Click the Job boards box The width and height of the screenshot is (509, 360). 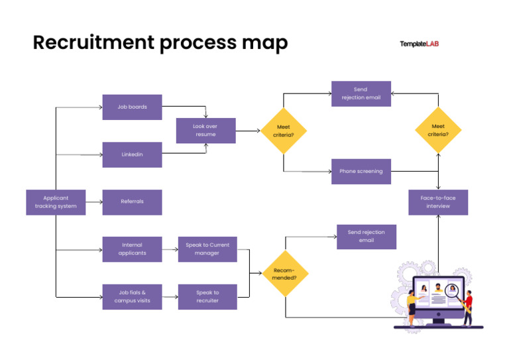[132, 107]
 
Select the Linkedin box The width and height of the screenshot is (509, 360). [132, 154]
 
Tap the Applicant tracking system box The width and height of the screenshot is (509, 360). [56, 202]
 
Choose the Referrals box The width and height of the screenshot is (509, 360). [132, 202]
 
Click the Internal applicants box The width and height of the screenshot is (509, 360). [132, 249]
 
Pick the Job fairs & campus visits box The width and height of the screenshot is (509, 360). [132, 296]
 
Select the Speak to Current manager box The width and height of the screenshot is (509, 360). [207, 249]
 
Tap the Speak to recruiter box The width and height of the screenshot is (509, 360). [207, 296]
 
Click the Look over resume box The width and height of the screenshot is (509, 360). [205, 131]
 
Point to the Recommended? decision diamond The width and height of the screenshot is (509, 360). [285, 273]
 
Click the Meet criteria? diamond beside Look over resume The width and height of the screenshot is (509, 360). [284, 131]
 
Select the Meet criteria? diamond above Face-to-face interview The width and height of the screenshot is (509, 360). [438, 131]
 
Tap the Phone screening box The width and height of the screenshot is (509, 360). [361, 171]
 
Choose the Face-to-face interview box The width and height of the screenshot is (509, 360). [438, 202]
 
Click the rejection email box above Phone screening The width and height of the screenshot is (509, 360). [361, 93]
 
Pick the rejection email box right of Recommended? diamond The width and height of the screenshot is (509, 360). [366, 237]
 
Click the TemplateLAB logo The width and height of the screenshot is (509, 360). [419, 44]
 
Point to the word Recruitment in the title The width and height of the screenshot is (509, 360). [92, 43]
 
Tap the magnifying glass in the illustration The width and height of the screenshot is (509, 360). [452, 289]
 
